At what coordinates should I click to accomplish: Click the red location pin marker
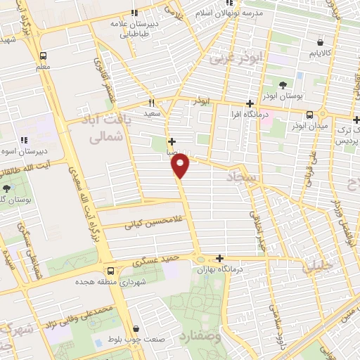coord(181,165)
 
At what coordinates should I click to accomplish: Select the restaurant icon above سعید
coord(150,102)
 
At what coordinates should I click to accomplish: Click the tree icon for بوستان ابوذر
coord(282,85)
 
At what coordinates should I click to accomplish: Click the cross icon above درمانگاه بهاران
coord(221,259)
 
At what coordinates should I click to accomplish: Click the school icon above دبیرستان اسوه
coord(24,139)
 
